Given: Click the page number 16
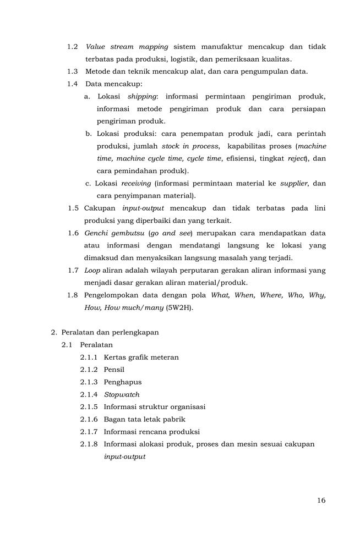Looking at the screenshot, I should [321, 501].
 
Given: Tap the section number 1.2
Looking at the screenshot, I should [72, 47].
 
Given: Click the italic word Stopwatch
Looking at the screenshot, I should [122, 394].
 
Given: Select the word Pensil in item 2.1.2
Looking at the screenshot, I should [114, 370].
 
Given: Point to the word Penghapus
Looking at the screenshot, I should [123, 382].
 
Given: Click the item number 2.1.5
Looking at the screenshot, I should [89, 407].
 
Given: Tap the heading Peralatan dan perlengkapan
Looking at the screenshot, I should [110, 332].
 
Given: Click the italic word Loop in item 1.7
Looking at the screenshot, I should [92, 271].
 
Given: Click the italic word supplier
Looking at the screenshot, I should [293, 184].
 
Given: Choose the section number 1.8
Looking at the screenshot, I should [72, 295].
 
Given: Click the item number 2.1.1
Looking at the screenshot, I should [89, 358].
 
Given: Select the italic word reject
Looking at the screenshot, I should [296, 158].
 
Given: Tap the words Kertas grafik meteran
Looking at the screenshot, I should [141, 358].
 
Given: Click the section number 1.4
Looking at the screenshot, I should [72, 84].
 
